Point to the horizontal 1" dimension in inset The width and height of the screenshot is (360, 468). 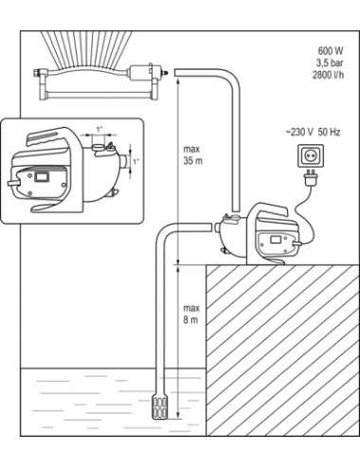pos(99,130)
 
